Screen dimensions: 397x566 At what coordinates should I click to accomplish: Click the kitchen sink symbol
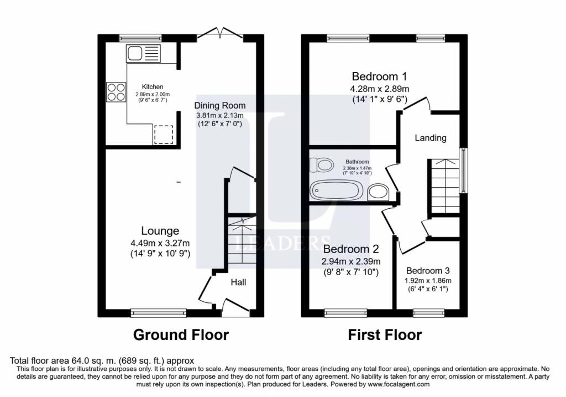point(143,54)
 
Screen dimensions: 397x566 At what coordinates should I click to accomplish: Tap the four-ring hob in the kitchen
point(116,91)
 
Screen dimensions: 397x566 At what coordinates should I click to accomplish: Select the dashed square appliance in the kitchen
point(164,135)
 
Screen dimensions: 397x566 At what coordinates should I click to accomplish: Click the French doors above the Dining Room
point(220,34)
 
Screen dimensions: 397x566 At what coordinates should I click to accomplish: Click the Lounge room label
point(160,231)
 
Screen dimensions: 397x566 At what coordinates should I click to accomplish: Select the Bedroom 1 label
point(379,76)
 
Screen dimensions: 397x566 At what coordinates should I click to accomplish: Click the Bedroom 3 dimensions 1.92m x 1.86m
point(428,281)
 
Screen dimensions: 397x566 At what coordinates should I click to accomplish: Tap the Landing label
point(431,138)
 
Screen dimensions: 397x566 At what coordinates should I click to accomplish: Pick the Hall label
point(238,282)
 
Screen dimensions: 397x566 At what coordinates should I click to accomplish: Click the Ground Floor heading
point(181,335)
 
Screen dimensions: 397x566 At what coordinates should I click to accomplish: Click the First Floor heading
point(385,335)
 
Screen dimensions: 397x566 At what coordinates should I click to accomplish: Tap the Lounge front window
point(159,313)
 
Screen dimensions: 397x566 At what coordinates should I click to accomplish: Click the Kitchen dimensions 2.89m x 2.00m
point(153,95)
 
